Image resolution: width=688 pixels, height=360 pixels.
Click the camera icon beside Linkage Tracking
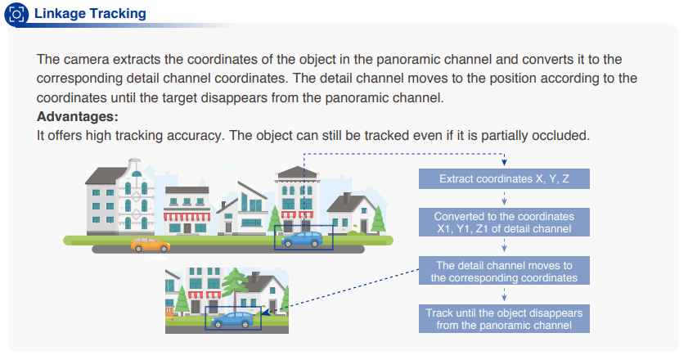click(x=16, y=15)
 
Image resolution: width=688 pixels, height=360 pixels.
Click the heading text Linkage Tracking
click(x=90, y=14)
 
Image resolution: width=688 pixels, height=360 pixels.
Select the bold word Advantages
click(x=77, y=116)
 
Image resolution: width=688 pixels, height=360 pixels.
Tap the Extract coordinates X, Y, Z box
click(x=504, y=178)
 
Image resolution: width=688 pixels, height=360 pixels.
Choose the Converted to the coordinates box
click(x=504, y=223)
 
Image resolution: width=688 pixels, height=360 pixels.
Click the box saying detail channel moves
click(x=504, y=271)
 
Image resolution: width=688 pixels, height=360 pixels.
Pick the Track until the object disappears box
click(x=504, y=319)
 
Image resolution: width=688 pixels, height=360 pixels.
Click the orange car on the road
click(x=150, y=245)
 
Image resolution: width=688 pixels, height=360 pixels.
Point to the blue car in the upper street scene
click(x=302, y=239)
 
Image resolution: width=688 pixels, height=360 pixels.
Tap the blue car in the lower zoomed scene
click(x=232, y=320)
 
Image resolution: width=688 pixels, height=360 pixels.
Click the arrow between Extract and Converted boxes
click(x=504, y=199)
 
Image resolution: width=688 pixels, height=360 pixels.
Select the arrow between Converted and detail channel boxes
click(x=504, y=245)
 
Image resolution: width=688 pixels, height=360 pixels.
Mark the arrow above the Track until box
click(x=504, y=295)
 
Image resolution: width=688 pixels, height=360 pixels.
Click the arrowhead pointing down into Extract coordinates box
click(x=504, y=163)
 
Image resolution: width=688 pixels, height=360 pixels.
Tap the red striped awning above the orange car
click(x=187, y=217)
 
